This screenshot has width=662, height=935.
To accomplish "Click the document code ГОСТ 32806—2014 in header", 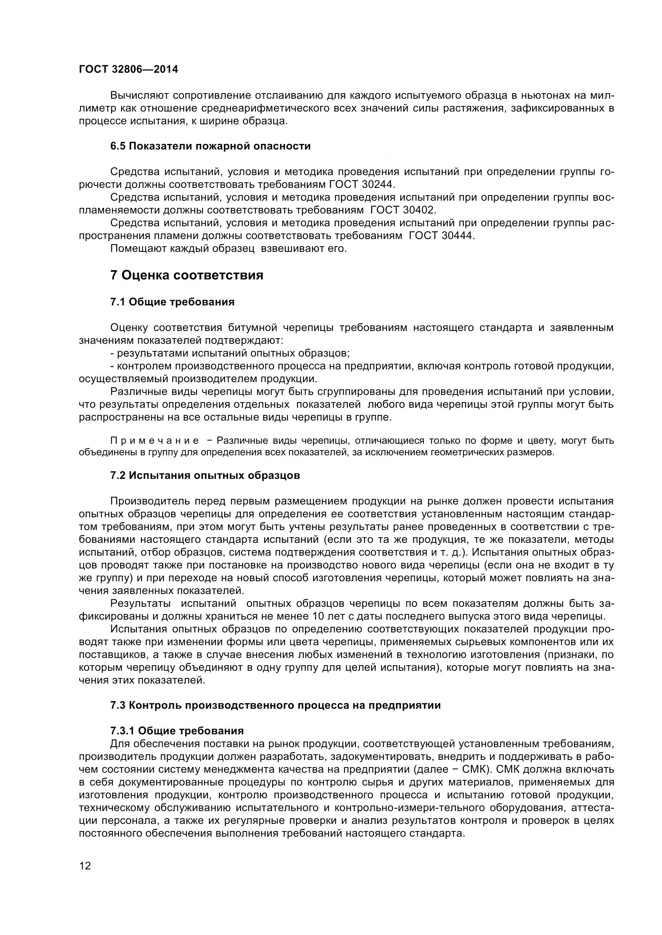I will pos(128,70).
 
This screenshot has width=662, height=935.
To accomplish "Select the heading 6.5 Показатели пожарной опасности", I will pos(211,146).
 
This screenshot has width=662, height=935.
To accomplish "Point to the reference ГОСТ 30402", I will pos(403,210).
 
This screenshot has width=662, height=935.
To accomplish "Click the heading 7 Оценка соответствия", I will pos(187,275).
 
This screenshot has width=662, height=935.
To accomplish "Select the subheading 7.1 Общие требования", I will pos(173,302).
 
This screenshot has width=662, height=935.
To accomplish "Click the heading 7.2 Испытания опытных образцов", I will pos(205,476).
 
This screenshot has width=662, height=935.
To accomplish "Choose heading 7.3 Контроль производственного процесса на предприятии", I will pos(275,706).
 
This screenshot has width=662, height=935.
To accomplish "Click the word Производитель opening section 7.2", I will pos(150,501).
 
